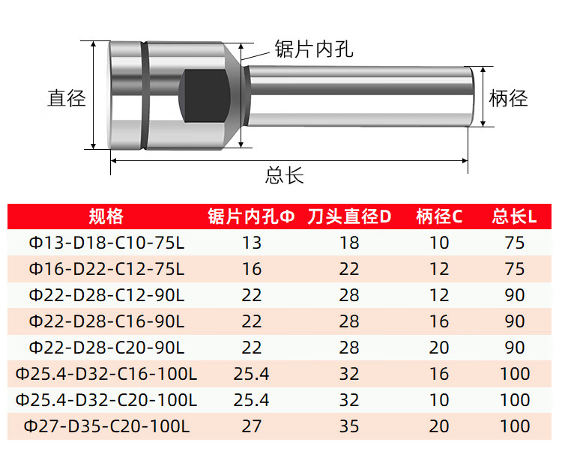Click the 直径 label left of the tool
click(x=67, y=98)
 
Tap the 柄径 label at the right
click(x=508, y=98)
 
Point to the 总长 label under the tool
click(x=285, y=175)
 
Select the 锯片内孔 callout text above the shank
click(x=314, y=49)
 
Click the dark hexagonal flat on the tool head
click(x=204, y=96)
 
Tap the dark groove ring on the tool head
click(x=144, y=95)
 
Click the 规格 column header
click(x=106, y=217)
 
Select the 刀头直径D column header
click(x=349, y=217)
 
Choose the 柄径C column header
click(x=439, y=217)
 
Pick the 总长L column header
click(x=514, y=217)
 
